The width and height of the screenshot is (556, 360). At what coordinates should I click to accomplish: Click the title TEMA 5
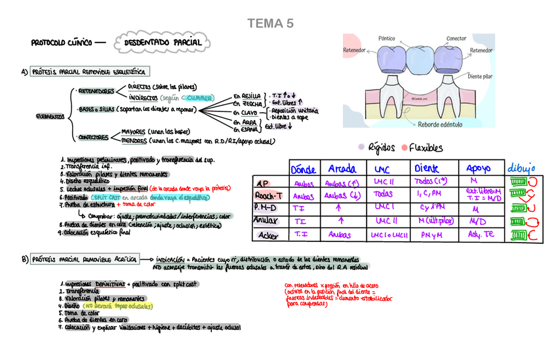[270, 24]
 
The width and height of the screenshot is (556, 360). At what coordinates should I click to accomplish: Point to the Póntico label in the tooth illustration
[387, 38]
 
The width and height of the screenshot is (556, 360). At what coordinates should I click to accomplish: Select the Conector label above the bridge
[456, 38]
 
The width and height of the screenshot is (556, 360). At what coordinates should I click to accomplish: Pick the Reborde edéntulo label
[439, 125]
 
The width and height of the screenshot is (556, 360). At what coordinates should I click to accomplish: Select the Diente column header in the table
[427, 167]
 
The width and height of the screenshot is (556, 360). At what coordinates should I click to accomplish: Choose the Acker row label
[268, 235]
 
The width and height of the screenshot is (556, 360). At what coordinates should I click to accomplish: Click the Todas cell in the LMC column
[382, 195]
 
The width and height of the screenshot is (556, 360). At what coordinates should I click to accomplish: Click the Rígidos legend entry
[380, 148]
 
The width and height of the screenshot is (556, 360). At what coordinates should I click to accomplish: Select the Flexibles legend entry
[426, 148]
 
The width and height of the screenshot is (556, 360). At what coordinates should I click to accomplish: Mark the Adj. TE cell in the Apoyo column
[481, 234]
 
